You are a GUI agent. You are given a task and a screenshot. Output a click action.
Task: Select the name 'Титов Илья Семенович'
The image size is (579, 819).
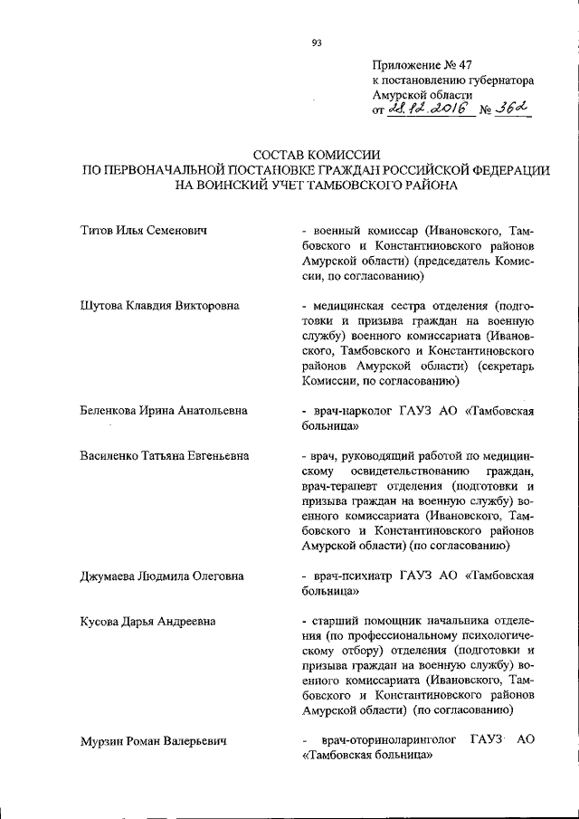tap(145, 232)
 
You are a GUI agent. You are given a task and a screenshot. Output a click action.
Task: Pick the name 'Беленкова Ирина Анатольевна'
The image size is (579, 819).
tap(164, 412)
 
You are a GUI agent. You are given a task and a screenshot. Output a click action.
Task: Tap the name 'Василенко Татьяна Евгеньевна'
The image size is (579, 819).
tap(165, 456)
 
